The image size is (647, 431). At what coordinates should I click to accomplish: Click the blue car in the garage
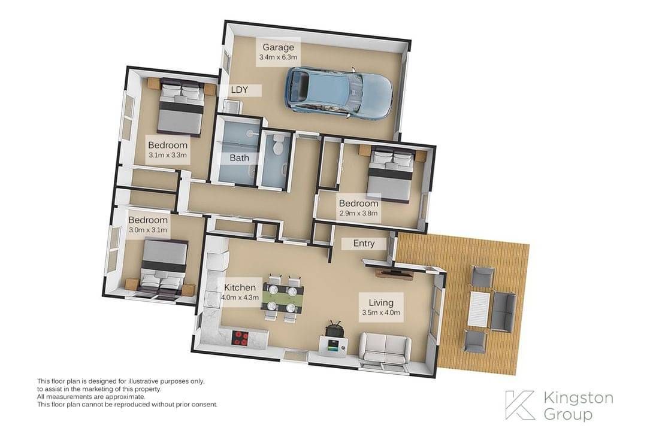pos(338,93)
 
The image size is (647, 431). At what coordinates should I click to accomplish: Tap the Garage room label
pos(278,47)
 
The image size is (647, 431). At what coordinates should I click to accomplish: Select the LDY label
pos(239,90)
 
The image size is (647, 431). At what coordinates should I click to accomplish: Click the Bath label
pos(239,157)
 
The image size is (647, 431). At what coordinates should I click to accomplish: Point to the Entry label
pos(364,244)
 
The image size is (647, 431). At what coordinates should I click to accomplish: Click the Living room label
pos(381,303)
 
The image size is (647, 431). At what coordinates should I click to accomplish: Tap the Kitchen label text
pos(240,287)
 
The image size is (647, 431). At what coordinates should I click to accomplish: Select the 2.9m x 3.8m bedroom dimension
pos(358,213)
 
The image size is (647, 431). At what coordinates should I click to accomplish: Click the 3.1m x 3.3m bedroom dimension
pos(168,155)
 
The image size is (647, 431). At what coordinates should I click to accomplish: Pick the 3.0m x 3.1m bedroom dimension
pos(148,230)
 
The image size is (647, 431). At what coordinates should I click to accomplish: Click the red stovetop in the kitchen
pos(241,338)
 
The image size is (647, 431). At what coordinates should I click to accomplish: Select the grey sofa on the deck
pos(503,311)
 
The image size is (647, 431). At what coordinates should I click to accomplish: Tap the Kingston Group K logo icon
pos(520,405)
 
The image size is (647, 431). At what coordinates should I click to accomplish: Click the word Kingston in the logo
pos(578,398)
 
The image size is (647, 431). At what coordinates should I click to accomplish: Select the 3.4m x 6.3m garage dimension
pos(278,57)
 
